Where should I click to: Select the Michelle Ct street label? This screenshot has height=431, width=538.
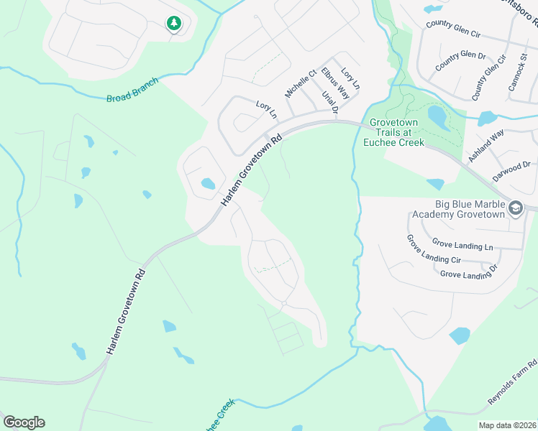coord(301,84)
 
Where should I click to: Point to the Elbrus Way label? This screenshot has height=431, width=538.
coord(334,83)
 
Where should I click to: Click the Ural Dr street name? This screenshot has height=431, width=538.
coord(329,102)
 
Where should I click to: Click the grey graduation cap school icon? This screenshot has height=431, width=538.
coord(515,209)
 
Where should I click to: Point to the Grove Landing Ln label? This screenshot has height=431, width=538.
coord(462,246)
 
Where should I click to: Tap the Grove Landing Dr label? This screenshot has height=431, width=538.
coord(468,274)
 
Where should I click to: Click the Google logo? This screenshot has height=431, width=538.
coord(24,422)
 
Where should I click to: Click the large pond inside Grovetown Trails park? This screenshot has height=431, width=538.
coord(437,115)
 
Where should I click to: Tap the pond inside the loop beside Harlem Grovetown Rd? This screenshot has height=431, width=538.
coord(208,184)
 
